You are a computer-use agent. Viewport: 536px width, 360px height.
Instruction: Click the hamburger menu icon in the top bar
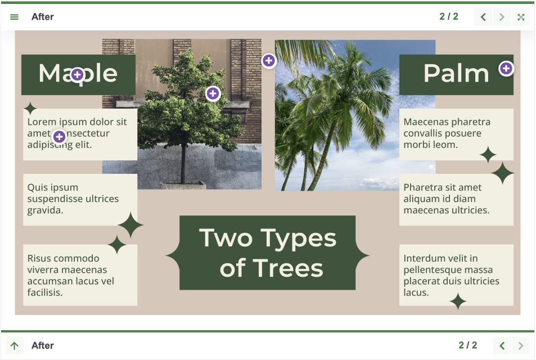(15, 17)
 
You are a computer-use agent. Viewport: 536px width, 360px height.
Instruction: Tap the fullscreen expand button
(521, 17)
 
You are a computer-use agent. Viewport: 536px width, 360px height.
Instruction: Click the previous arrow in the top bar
(483, 17)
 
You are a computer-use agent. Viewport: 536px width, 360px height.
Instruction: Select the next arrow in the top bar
(502, 17)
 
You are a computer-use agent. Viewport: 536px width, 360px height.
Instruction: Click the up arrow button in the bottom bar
(15, 345)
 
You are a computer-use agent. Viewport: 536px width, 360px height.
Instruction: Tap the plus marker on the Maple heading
(77, 74)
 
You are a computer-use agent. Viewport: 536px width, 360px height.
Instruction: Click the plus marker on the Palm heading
(506, 69)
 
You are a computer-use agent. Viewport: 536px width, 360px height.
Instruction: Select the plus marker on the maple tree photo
(213, 93)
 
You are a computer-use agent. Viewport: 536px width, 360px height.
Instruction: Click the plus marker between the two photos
(269, 60)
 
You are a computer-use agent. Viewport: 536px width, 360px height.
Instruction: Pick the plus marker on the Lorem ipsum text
(59, 136)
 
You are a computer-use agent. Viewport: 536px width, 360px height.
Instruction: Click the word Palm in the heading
(456, 74)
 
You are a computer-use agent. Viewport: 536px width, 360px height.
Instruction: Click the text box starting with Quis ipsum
(80, 199)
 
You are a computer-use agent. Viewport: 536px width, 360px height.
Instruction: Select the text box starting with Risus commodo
(80, 275)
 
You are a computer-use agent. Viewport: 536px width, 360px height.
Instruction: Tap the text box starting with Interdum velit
(456, 275)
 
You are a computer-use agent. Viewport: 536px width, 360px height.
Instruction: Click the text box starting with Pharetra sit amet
(456, 199)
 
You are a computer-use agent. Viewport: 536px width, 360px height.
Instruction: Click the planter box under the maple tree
(183, 184)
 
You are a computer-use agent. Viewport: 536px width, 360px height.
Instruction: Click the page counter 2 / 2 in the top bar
(449, 17)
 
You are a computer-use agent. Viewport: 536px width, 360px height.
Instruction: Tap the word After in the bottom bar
(43, 345)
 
